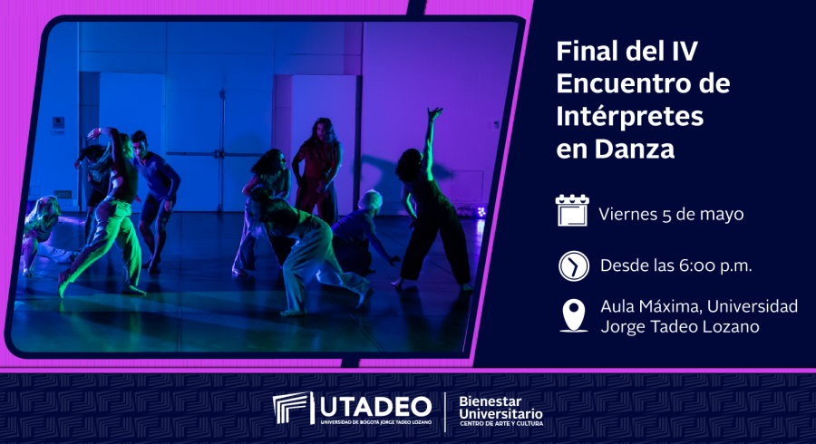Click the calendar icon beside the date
tap(572, 210)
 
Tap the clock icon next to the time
tap(574, 266)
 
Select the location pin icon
tap(574, 315)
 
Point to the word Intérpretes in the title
tap(630, 116)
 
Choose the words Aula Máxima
tap(649, 306)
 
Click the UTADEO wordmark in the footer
tap(375, 407)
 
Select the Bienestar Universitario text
tap(500, 408)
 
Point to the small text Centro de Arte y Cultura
tap(500, 424)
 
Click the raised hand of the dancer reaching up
tap(434, 113)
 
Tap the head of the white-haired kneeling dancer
tap(371, 199)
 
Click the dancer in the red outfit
tap(316, 170)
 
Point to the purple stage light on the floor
tap(481, 212)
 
